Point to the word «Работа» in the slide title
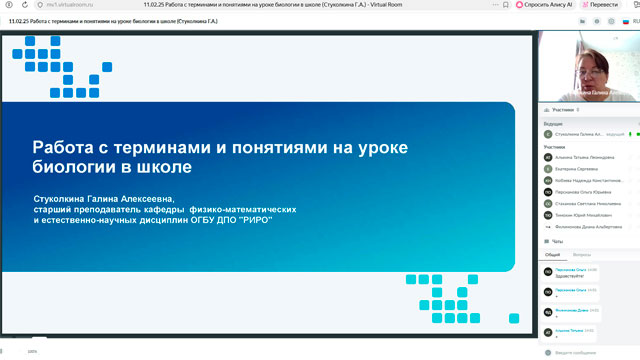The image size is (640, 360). (x=66, y=147)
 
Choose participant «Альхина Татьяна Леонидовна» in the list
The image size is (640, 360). (x=582, y=156)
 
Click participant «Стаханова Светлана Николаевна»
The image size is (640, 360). (x=584, y=203)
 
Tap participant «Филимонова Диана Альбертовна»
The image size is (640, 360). (x=585, y=227)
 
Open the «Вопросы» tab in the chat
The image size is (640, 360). (x=581, y=255)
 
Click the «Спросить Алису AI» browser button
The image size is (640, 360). (x=548, y=5)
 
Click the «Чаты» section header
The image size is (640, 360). (x=558, y=241)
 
